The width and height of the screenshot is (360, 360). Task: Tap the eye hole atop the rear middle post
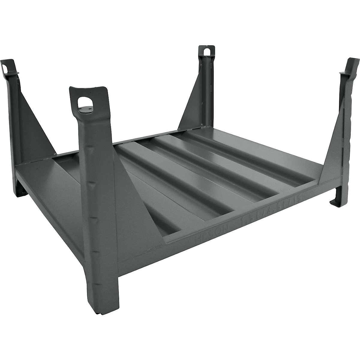coord(206,52)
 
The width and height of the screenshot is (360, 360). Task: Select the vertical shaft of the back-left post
coord(16,114)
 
